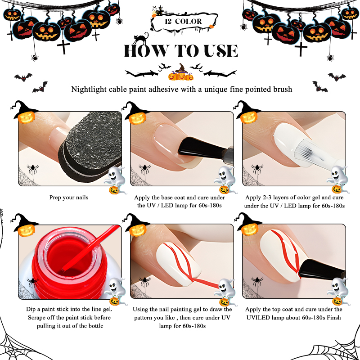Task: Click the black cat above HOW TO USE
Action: pyautogui.click(x=140, y=38)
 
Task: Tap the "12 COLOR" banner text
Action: pyautogui.click(x=183, y=22)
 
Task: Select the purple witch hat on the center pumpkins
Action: pyautogui.click(x=181, y=68)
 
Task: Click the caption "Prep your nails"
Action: pyautogui.click(x=69, y=198)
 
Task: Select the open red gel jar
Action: pyautogui.click(x=69, y=264)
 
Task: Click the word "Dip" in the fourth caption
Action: pyautogui.click(x=31, y=309)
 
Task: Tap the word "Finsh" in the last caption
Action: pyautogui.click(x=334, y=318)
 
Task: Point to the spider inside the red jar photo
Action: pyautogui.click(x=32, y=281)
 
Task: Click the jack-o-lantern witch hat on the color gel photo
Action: pyautogui.click(x=247, y=112)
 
